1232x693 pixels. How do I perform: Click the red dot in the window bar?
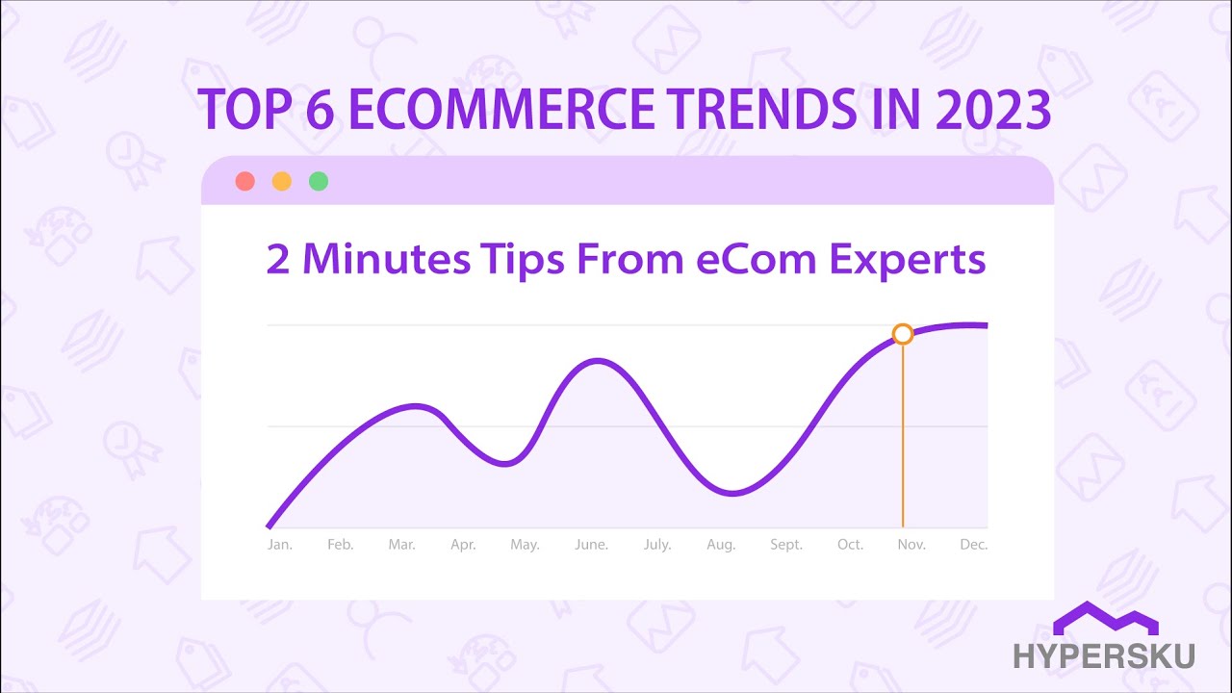(244, 181)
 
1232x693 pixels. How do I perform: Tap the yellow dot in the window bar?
(282, 181)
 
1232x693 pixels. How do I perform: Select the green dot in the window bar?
(319, 181)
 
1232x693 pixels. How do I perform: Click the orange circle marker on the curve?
(902, 334)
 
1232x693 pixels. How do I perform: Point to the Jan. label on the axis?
(279, 545)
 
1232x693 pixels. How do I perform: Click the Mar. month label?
(401, 545)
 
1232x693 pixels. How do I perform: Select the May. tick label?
(525, 545)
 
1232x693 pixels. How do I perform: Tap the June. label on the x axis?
(591, 545)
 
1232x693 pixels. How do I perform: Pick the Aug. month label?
(721, 545)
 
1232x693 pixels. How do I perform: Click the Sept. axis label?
(786, 545)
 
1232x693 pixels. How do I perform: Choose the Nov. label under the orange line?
(911, 545)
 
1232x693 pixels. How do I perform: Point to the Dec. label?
(973, 545)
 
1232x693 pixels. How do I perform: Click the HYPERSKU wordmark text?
(1104, 656)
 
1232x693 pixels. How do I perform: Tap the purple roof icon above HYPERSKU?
(1105, 619)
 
